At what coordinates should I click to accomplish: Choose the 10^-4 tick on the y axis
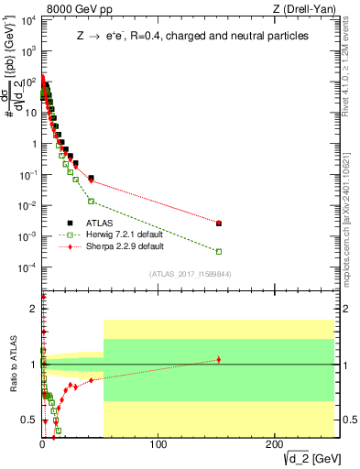[x=28, y=267]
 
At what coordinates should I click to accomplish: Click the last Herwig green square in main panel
[x=218, y=251]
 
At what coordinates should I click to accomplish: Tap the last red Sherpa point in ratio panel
[x=218, y=359]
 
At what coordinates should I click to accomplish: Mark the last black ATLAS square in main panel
[x=218, y=223]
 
